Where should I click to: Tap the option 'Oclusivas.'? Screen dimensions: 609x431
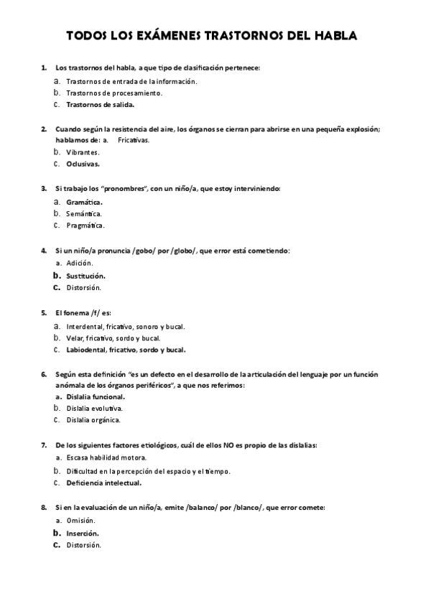(x=83, y=164)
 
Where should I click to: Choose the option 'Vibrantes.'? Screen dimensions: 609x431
(x=83, y=152)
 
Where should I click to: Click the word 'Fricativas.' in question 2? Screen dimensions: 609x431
(x=134, y=140)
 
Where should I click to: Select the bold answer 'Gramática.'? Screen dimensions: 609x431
(x=84, y=202)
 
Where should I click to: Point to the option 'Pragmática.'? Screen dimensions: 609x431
(x=85, y=226)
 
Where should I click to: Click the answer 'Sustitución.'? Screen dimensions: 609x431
(x=85, y=275)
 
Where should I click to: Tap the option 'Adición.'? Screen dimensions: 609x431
(x=80, y=264)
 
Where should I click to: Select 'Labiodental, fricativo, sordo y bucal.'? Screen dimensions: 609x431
(x=126, y=350)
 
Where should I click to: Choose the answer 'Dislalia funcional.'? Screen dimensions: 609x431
(x=96, y=396)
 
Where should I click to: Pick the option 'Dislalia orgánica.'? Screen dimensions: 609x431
(x=93, y=419)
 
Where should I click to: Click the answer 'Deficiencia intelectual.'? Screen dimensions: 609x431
(x=103, y=483)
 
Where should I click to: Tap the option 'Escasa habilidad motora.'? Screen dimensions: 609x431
(x=106, y=457)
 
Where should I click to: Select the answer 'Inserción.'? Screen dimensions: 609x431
(x=83, y=533)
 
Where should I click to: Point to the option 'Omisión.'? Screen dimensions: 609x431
(x=80, y=521)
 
